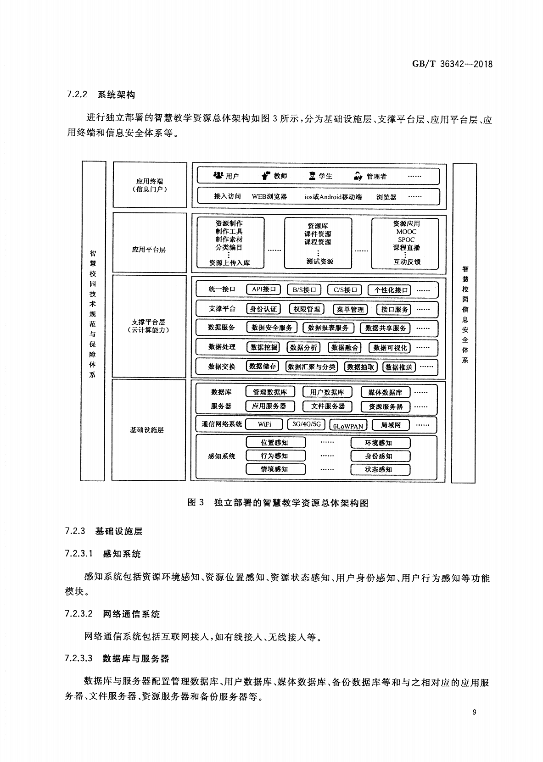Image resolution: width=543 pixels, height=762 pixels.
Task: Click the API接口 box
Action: pyautogui.click(x=263, y=289)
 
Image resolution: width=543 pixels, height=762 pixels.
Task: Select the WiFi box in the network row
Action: pyautogui.click(x=264, y=424)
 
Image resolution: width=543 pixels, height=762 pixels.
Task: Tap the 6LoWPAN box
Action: pyautogui.click(x=348, y=426)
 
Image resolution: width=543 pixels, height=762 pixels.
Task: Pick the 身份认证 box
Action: pyautogui.click(x=263, y=309)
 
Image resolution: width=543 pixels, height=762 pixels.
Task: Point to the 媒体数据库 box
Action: pyautogui.click(x=386, y=392)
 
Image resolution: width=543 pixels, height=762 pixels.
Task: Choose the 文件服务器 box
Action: pyautogui.click(x=328, y=406)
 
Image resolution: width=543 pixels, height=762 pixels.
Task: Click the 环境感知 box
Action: pyautogui.click(x=380, y=443)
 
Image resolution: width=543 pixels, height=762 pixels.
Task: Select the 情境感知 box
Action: pyautogui.click(x=275, y=469)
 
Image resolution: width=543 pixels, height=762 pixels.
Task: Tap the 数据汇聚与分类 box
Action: pyautogui.click(x=312, y=367)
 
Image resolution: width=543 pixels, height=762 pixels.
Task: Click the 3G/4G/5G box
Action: pyautogui.click(x=307, y=424)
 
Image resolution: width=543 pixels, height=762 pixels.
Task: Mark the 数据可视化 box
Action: pyautogui.click(x=390, y=348)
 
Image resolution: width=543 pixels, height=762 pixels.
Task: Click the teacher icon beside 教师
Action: pyautogui.click(x=266, y=175)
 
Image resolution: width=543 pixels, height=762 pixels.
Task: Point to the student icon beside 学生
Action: pyautogui.click(x=312, y=176)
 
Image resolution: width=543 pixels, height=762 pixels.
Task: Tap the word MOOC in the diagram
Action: pyautogui.click(x=406, y=232)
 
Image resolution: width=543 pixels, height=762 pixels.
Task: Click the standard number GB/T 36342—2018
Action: pyautogui.click(x=452, y=64)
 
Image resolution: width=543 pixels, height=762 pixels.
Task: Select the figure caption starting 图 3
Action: pyautogui.click(x=278, y=502)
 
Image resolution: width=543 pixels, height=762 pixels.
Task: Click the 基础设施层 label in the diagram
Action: pyautogui.click(x=147, y=430)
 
